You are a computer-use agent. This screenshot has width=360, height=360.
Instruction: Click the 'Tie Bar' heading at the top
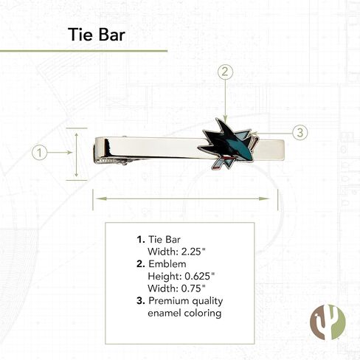97,35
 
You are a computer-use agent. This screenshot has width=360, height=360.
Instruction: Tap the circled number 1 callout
39,153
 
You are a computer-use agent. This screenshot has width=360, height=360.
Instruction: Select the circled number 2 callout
225,72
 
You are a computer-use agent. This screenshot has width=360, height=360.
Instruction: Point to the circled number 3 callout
300,133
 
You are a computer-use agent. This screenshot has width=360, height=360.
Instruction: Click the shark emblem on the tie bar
228,145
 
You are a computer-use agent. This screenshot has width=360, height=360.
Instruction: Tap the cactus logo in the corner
328,322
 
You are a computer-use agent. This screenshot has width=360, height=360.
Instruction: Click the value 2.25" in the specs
193,252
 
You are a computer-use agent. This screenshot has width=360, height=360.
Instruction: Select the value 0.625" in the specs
200,276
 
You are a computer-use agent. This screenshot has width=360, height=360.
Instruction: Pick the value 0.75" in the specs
193,288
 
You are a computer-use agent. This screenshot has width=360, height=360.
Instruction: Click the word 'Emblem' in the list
167,264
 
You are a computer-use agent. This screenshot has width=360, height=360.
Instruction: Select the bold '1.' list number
141,240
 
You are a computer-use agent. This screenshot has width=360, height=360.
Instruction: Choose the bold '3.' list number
141,301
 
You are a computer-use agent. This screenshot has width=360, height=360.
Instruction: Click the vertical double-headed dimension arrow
77,155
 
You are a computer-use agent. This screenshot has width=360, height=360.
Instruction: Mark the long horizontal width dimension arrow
183,198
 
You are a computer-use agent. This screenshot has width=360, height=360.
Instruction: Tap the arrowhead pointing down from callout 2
225,119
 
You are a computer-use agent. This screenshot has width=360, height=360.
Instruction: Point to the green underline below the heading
83,51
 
